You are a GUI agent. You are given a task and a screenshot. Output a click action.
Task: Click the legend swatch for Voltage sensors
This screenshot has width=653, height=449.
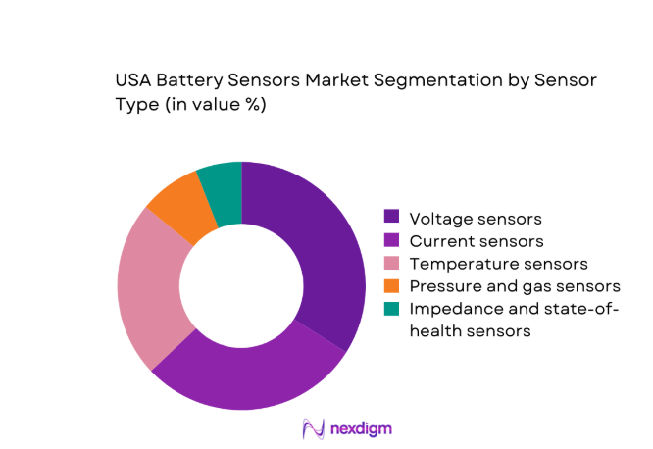pos(392,218)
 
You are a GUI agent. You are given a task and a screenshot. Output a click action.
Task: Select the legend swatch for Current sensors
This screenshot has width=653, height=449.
pos(392,240)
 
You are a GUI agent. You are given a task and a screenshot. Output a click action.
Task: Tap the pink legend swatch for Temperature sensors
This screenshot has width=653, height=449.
pos(392,264)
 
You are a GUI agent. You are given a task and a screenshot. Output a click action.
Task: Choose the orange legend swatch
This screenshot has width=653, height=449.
pos(392,286)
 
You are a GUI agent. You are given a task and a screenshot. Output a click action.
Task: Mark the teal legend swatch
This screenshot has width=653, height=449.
pos(392,310)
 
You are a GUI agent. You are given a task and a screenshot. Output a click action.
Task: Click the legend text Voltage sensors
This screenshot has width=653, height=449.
pos(476,218)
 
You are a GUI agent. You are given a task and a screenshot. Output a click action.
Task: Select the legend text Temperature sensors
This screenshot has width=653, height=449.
pos(498,264)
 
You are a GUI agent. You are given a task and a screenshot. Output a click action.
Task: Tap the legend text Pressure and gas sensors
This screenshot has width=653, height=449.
pos(515,286)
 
